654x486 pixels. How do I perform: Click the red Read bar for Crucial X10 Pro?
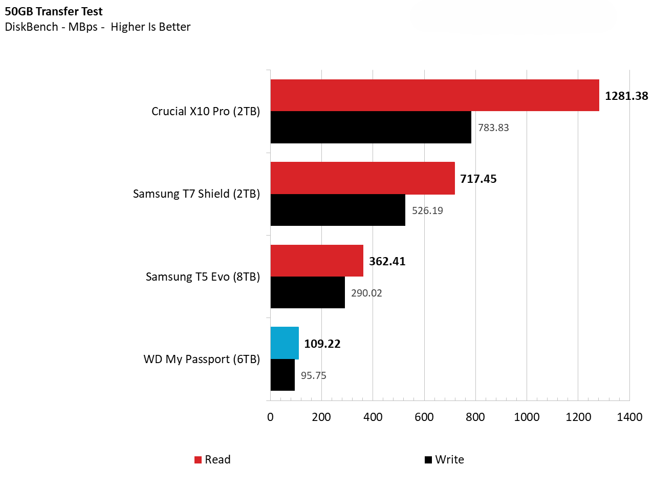434,95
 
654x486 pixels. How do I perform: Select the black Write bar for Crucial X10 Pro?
370,128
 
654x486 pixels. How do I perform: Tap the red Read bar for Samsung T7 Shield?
362,178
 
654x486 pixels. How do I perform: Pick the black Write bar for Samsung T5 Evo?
308,292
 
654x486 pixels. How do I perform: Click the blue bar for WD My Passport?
285,343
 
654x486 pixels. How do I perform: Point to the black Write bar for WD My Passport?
282,375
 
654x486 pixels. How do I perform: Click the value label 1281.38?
626,96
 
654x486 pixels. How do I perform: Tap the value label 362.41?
387,261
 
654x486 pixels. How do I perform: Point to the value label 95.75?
314,375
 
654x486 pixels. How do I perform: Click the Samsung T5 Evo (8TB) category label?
203,277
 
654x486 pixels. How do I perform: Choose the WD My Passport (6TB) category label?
202,360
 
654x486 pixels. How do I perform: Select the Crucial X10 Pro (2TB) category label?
206,112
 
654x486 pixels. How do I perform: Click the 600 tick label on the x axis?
424,417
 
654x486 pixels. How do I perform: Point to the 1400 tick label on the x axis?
629,417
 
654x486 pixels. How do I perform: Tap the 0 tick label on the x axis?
270,417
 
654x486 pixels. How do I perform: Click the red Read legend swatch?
198,460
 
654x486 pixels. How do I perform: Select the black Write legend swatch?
428,460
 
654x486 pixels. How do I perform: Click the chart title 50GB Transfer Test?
54,11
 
